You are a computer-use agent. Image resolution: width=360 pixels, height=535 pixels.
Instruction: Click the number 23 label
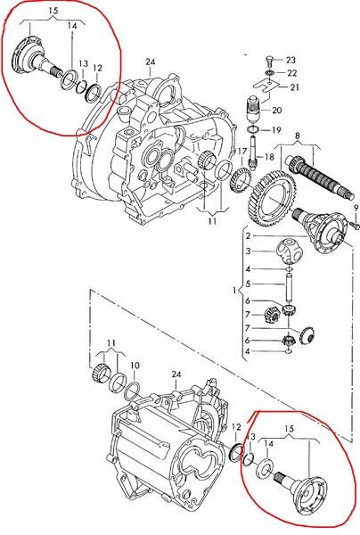coord(291,59)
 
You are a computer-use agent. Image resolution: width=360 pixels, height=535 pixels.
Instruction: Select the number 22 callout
coord(291,72)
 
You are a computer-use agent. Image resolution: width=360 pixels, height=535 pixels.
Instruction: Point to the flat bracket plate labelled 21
coord(265,86)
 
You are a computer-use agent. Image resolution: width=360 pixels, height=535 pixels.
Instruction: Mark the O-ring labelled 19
coord(256,130)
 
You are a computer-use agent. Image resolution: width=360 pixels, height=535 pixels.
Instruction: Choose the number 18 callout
coord(269,157)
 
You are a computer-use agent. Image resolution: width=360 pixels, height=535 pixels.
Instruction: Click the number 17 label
coord(241,151)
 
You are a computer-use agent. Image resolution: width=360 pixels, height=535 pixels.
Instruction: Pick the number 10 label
coord(135,366)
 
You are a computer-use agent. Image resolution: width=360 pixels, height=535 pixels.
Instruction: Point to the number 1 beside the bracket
coord(233,291)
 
